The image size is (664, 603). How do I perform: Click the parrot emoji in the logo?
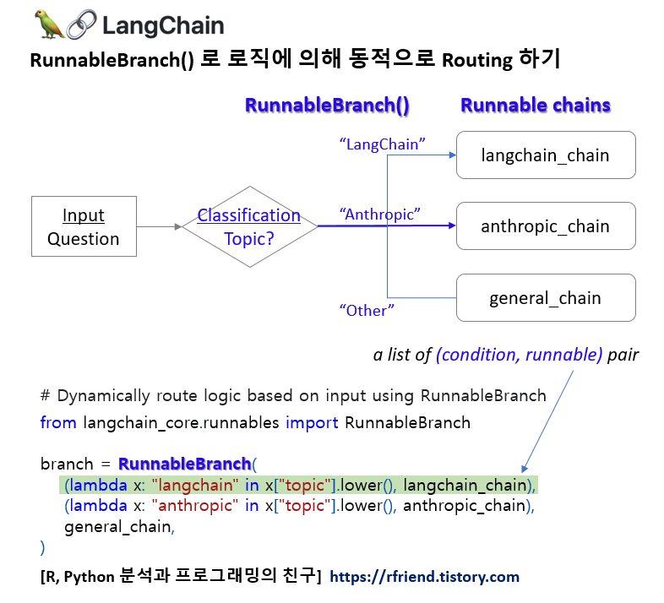click(x=49, y=24)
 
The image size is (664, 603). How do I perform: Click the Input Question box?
click(x=83, y=227)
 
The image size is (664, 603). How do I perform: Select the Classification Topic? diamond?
click(x=249, y=226)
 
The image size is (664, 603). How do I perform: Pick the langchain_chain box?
click(x=545, y=155)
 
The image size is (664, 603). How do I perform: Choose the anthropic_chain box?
click(x=545, y=226)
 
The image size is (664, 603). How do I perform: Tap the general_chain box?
click(x=545, y=298)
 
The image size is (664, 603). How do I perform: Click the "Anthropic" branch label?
click(x=379, y=215)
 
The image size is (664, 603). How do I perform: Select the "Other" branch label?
click(x=367, y=311)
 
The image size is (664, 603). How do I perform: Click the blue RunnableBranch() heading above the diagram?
click(x=327, y=106)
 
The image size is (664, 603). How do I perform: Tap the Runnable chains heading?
click(x=535, y=106)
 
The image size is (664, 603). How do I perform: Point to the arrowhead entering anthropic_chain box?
click(x=452, y=226)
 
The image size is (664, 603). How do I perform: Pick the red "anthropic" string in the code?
click(x=196, y=506)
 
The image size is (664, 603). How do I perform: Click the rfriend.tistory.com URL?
click(x=424, y=577)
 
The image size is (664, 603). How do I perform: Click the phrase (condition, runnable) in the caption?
click(x=520, y=356)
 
